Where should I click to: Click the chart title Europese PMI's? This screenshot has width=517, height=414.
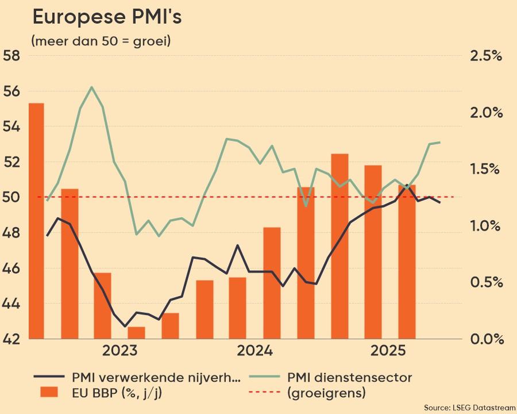click(x=107, y=17)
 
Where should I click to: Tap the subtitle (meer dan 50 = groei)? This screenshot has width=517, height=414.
click(x=101, y=41)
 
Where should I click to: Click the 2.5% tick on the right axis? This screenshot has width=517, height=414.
click(x=486, y=56)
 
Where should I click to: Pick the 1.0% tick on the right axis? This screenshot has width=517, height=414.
click(x=486, y=225)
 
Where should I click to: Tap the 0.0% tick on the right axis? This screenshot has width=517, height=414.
click(x=486, y=339)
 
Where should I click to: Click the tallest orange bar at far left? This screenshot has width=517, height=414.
click(x=36, y=221)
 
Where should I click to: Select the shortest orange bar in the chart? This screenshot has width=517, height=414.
click(x=137, y=333)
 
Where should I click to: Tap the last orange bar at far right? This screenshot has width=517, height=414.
click(x=407, y=262)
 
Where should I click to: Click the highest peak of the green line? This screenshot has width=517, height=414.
click(x=92, y=87)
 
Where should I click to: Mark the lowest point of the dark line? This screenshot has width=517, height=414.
click(x=125, y=326)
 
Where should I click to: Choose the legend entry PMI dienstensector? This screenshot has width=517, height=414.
click(x=349, y=378)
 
